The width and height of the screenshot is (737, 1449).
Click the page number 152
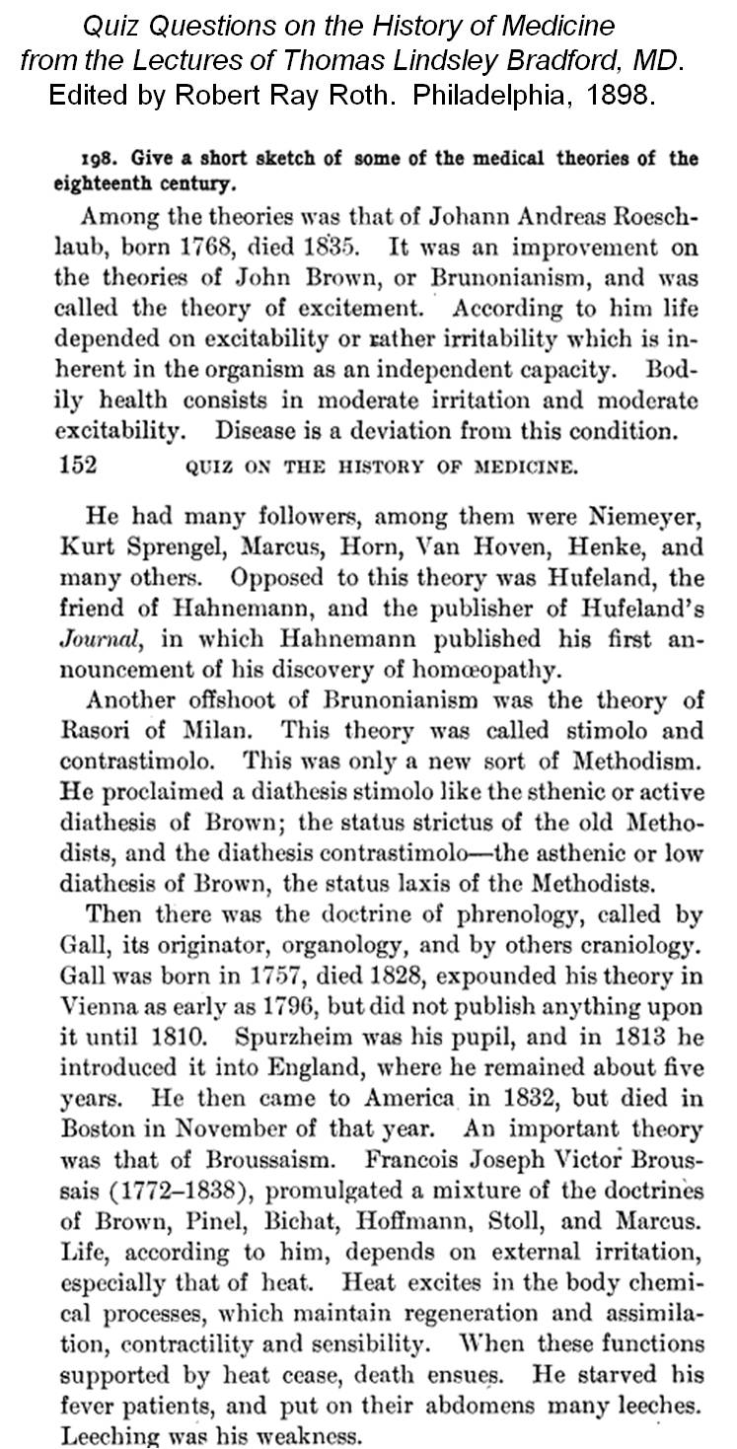coord(78,466)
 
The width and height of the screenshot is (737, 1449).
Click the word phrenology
coord(473,914)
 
